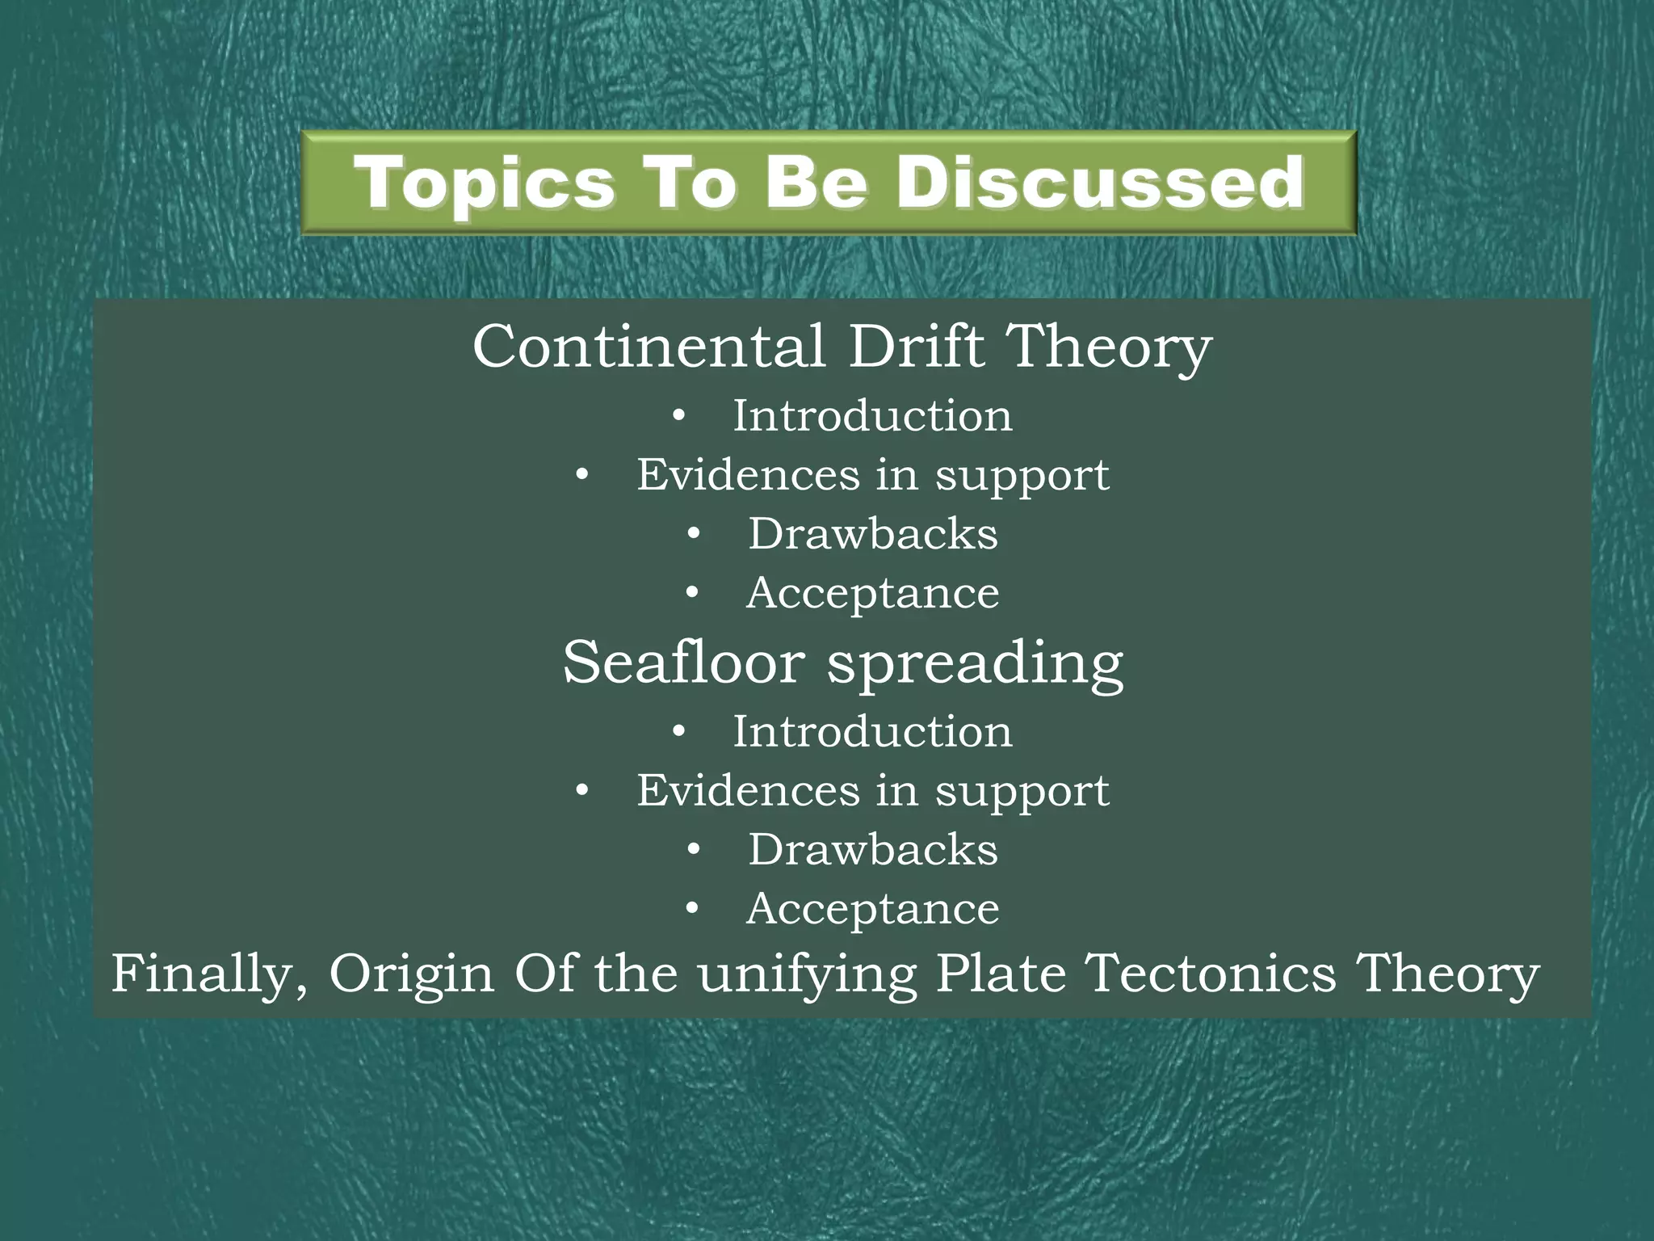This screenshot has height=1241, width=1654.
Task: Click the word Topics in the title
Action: (x=483, y=184)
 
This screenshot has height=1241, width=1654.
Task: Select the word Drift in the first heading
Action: (x=916, y=347)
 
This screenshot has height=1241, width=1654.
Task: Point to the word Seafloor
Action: (x=683, y=663)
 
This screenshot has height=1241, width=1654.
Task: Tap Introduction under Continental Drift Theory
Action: (x=872, y=416)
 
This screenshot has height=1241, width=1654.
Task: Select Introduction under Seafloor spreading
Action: (x=872, y=732)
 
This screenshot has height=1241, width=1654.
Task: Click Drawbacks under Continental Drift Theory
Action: (x=873, y=534)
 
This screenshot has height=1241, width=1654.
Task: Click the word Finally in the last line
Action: (x=209, y=974)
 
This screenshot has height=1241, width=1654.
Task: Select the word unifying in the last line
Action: (x=807, y=974)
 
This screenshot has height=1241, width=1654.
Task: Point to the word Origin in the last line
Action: (x=411, y=974)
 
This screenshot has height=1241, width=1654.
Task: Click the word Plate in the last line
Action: (x=1001, y=973)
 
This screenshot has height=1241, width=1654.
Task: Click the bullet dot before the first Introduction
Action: (x=678, y=417)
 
